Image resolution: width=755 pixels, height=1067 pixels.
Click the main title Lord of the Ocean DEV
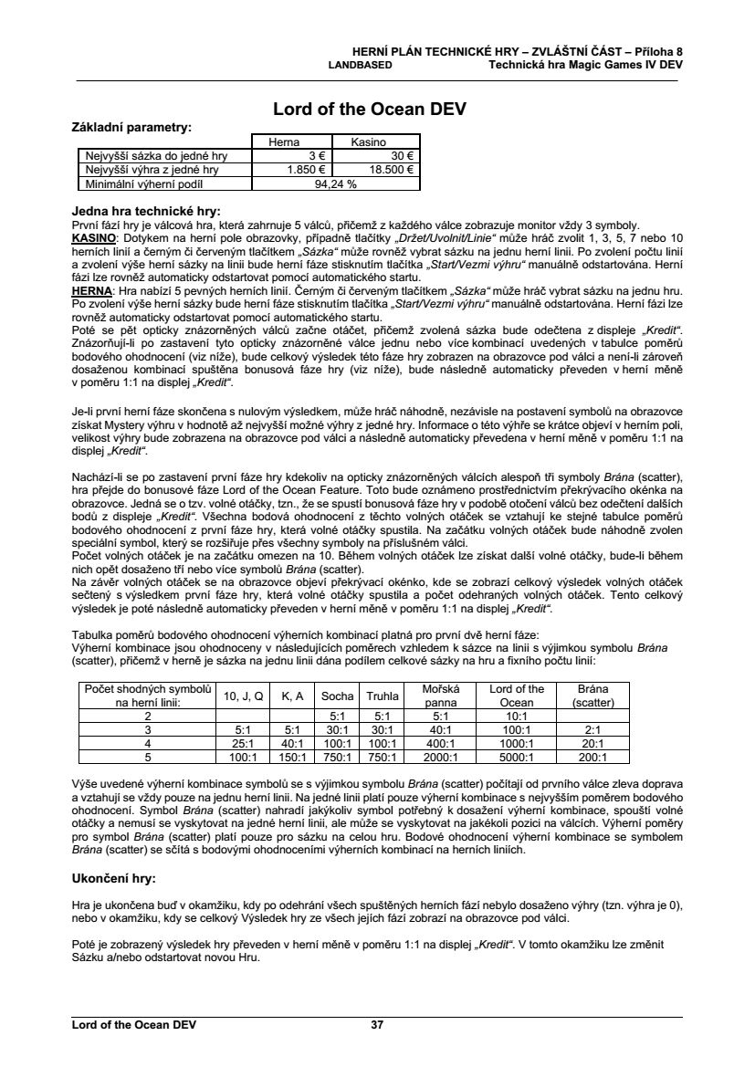[x=370, y=110]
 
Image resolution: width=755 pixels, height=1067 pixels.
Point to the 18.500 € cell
[x=391, y=169]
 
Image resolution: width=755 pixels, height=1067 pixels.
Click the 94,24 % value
[x=335, y=183]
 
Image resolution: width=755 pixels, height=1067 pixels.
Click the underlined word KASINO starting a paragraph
[x=94, y=237]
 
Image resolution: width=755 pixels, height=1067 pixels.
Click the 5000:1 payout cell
[x=517, y=757]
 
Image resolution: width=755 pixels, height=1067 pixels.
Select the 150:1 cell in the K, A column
[x=292, y=757]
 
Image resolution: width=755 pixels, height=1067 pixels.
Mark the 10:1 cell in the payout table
[x=517, y=717]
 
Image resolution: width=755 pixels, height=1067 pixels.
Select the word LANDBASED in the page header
[x=361, y=66]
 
